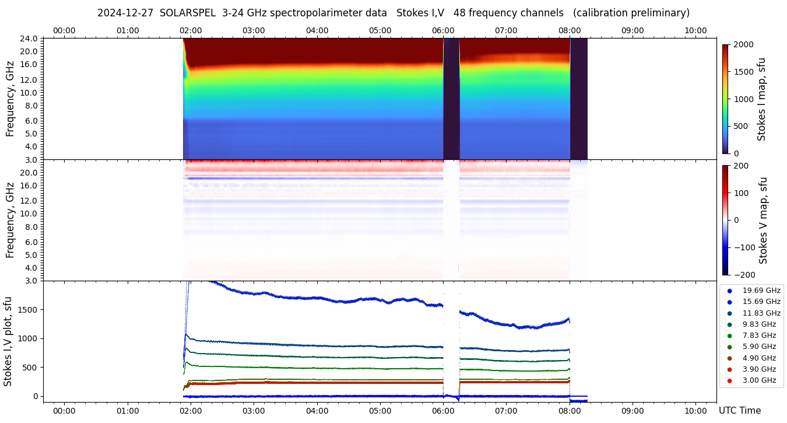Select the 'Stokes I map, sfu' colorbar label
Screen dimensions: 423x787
(x=761, y=99)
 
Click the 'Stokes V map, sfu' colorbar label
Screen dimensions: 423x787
(x=763, y=221)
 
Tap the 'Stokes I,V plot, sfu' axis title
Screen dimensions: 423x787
(x=8, y=341)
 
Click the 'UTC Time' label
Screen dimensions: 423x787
(x=739, y=411)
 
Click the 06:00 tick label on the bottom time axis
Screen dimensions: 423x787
(x=443, y=411)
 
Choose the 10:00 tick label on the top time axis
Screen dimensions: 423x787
(x=695, y=30)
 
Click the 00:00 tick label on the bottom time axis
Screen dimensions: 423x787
(x=64, y=411)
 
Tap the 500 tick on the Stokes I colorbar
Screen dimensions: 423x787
(x=740, y=127)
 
